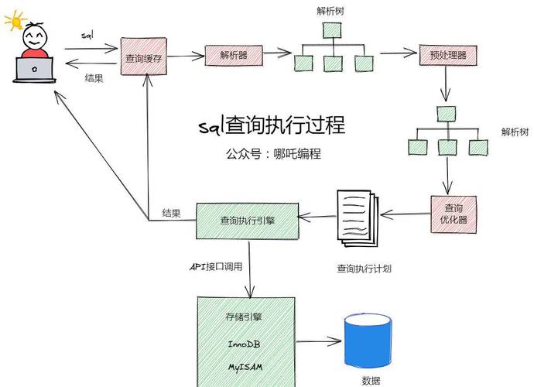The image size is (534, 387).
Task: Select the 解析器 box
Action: pyautogui.click(x=234, y=55)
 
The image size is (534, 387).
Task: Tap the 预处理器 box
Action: pyautogui.click(x=447, y=55)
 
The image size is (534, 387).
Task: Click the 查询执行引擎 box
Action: pyautogui.click(x=246, y=221)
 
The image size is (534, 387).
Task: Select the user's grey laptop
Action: pyautogui.click(x=35, y=70)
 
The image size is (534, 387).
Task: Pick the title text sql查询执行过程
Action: pyautogui.click(x=271, y=125)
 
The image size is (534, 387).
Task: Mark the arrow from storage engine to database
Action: pyautogui.click(x=319, y=341)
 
